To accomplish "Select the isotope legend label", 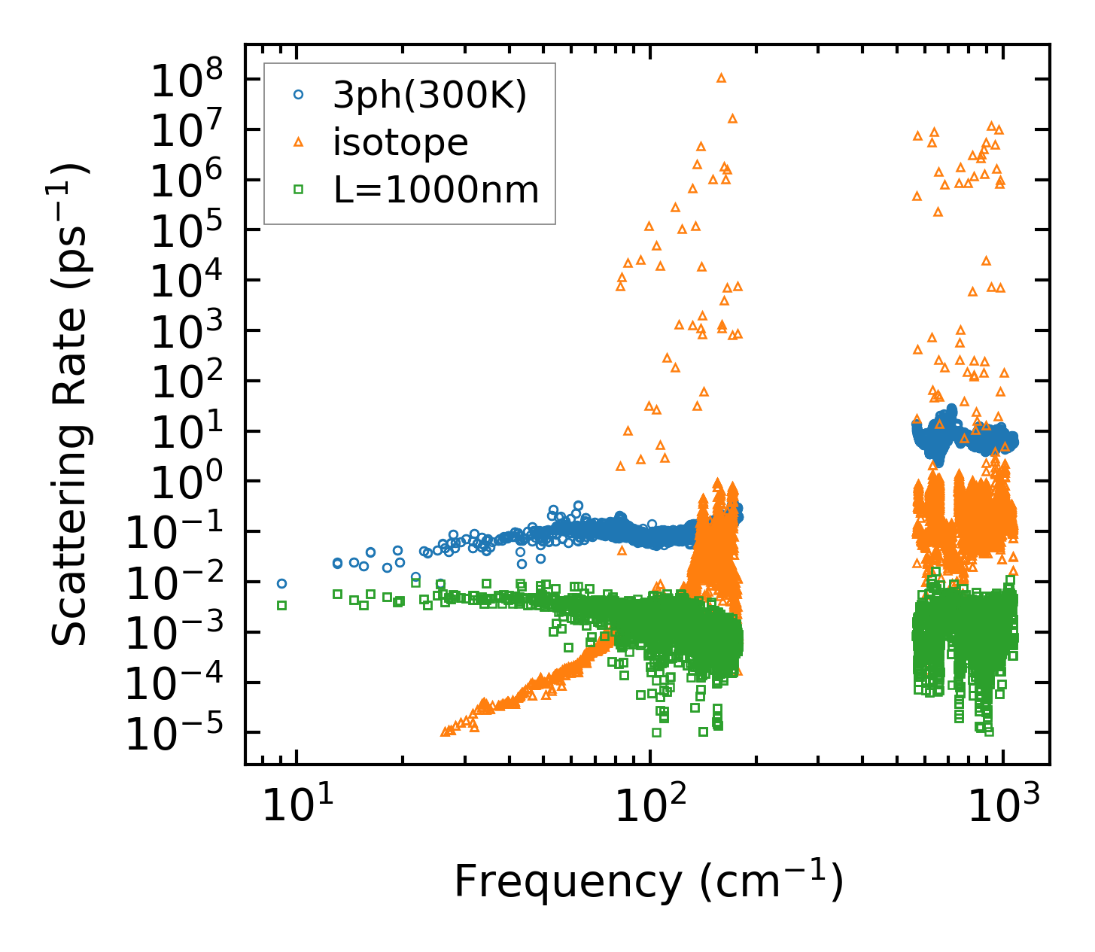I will pyautogui.click(x=400, y=142).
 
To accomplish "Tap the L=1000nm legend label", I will pyautogui.click(x=436, y=190).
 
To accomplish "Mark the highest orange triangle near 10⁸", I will pyautogui.click(x=721, y=78).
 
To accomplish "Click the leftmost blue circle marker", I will pyautogui.click(x=281, y=583).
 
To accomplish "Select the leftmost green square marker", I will pyautogui.click(x=281, y=605).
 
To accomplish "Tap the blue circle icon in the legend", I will pyautogui.click(x=298, y=95).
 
